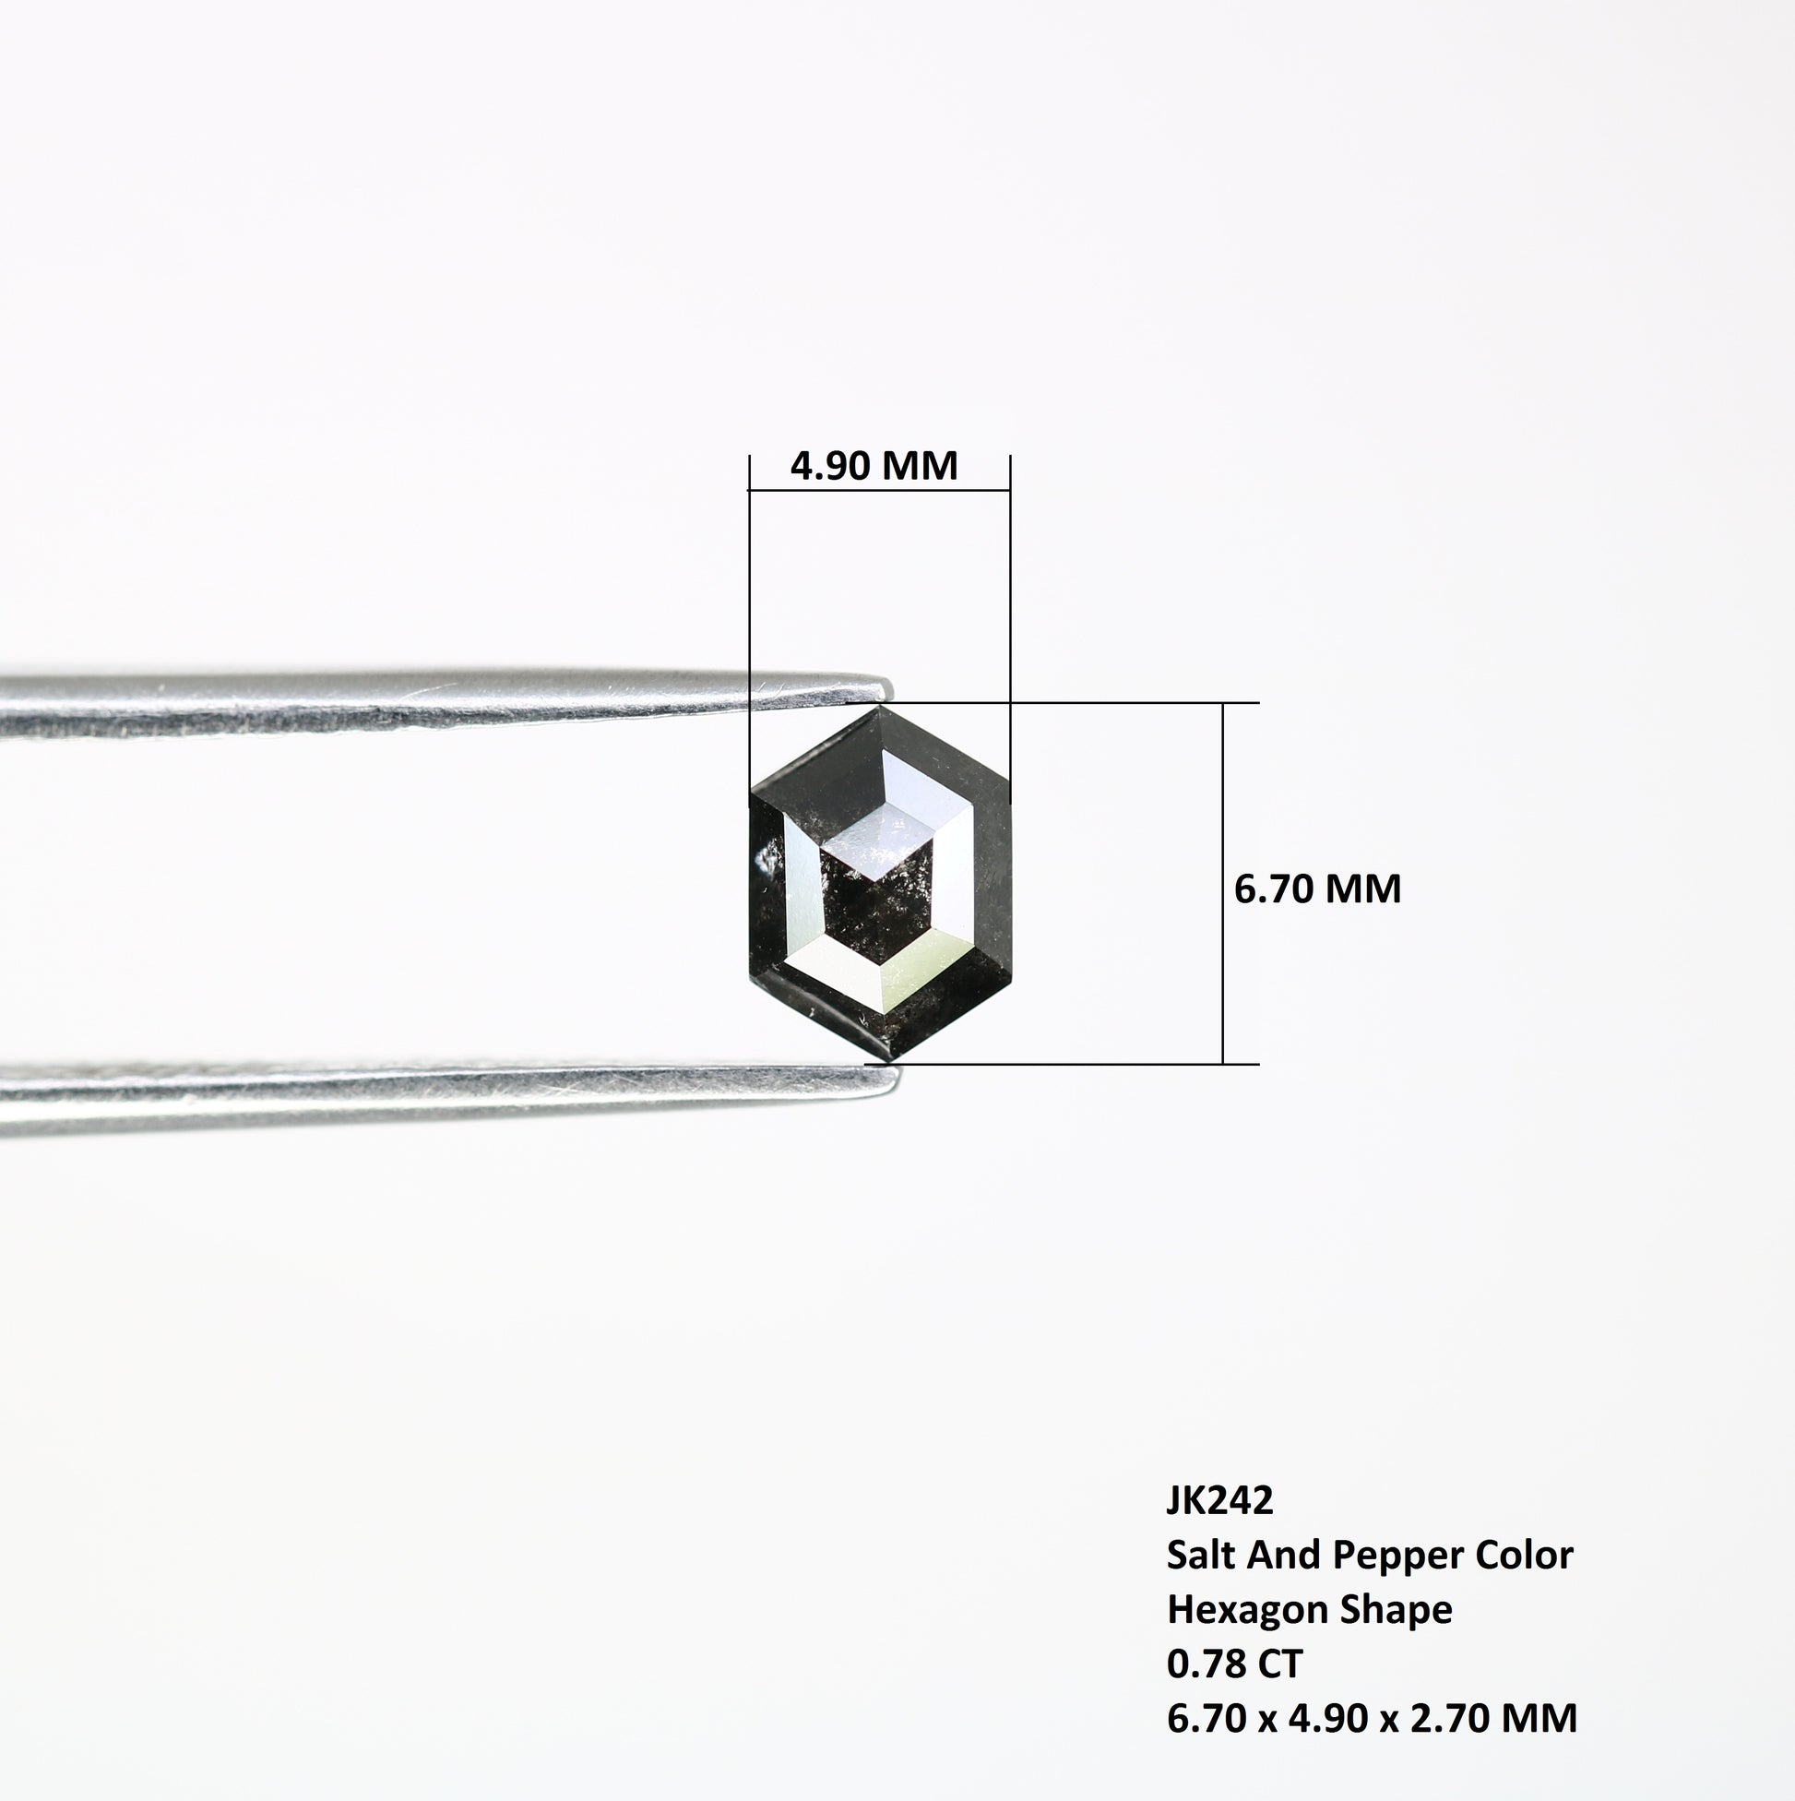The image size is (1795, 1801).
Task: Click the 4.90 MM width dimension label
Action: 874,465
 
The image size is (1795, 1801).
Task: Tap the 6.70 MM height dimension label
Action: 1317,889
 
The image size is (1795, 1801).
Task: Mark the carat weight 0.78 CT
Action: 1234,1663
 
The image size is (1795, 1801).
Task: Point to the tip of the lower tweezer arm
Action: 897,1079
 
